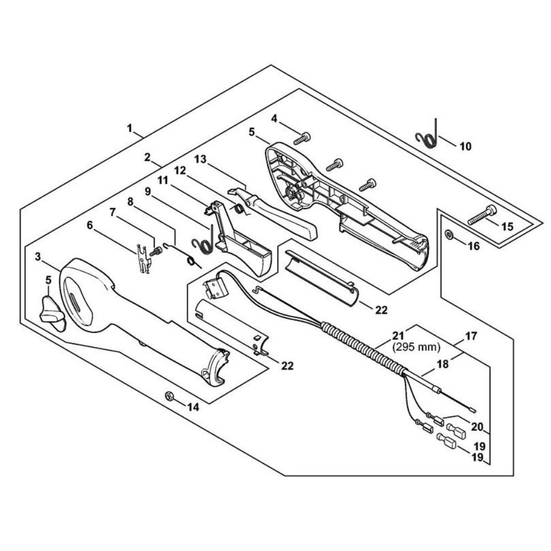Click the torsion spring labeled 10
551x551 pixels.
[x=429, y=137]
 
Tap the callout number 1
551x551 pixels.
[x=130, y=128]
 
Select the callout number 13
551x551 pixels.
[x=200, y=159]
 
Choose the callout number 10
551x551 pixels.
[x=466, y=147]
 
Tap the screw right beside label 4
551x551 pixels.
[x=302, y=138]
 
